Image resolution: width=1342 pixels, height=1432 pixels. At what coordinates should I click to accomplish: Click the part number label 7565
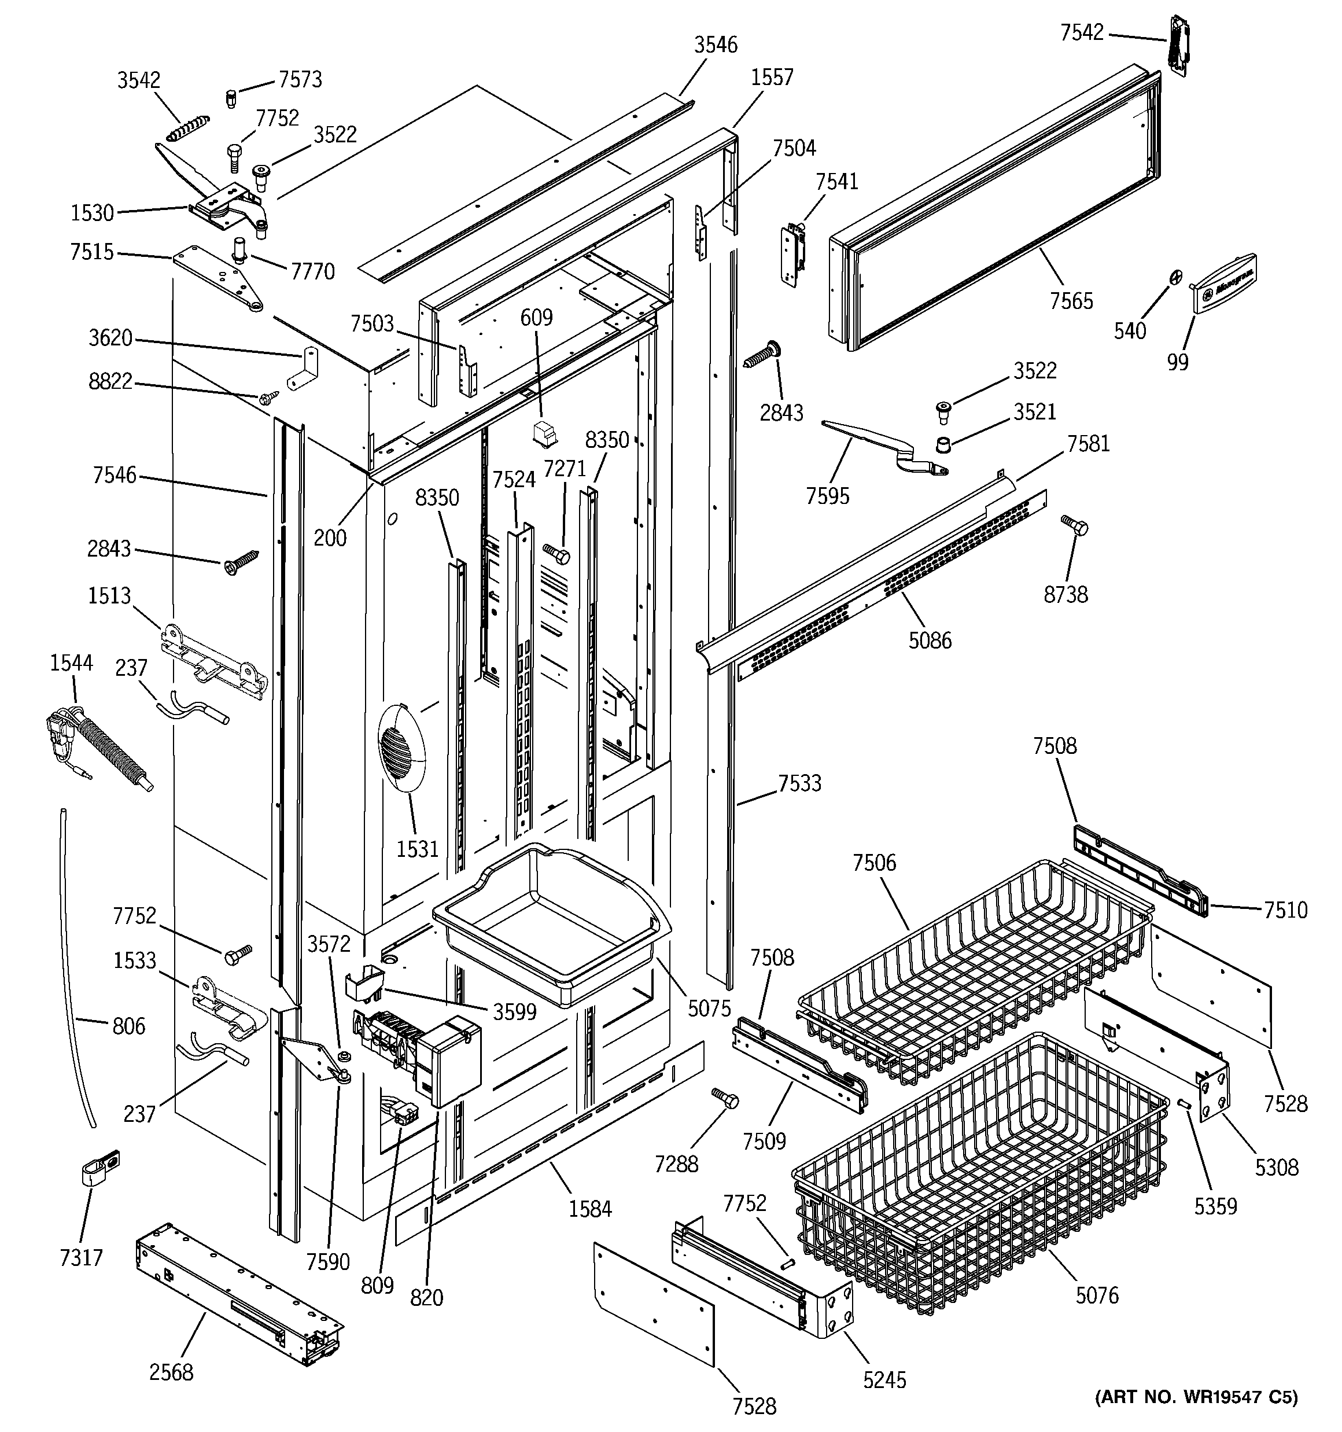point(1071,300)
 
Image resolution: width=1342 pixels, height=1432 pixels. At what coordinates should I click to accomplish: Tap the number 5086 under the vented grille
point(929,640)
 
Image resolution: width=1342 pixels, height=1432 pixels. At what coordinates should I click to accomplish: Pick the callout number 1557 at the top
point(772,76)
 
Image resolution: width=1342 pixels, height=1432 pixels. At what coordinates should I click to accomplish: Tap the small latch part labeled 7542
point(1178,44)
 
